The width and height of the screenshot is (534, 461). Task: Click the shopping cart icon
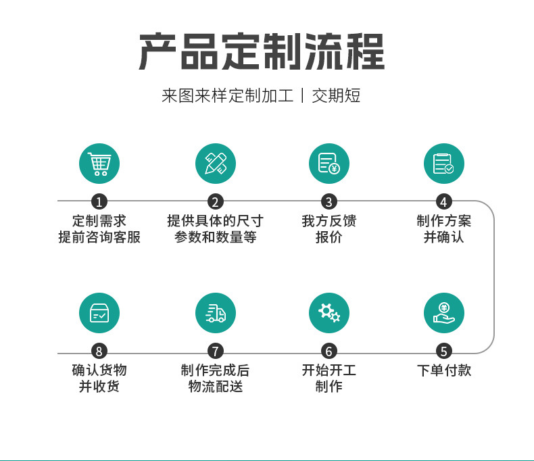pyautogui.click(x=99, y=164)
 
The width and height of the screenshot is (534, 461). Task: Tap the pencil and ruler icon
pyautogui.click(x=215, y=164)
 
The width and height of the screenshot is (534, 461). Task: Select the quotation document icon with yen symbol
pyautogui.click(x=329, y=164)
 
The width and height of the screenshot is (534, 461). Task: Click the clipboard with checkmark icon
pyautogui.click(x=443, y=164)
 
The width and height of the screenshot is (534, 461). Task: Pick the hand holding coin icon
pyautogui.click(x=443, y=313)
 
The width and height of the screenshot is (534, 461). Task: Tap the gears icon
pyautogui.click(x=329, y=313)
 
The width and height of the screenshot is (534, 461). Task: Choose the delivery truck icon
pyautogui.click(x=215, y=313)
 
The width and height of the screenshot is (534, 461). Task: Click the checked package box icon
pyautogui.click(x=99, y=313)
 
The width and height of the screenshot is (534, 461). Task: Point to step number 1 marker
pyautogui.click(x=99, y=201)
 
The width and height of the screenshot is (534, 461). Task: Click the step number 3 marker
pyautogui.click(x=329, y=201)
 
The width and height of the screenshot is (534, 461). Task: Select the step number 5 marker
pyautogui.click(x=443, y=351)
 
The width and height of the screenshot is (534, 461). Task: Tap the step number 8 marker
pyautogui.click(x=99, y=351)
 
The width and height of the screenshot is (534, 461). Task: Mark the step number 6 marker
pyautogui.click(x=329, y=351)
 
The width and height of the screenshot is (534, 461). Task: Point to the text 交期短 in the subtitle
pyautogui.click(x=336, y=95)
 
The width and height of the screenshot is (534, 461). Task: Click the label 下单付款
pyautogui.click(x=443, y=370)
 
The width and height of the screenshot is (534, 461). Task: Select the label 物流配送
pyautogui.click(x=215, y=387)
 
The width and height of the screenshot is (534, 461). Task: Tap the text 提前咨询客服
pyautogui.click(x=99, y=237)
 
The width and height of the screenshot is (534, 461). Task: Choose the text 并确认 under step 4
pyautogui.click(x=443, y=237)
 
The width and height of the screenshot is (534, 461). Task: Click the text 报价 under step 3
pyautogui.click(x=329, y=237)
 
